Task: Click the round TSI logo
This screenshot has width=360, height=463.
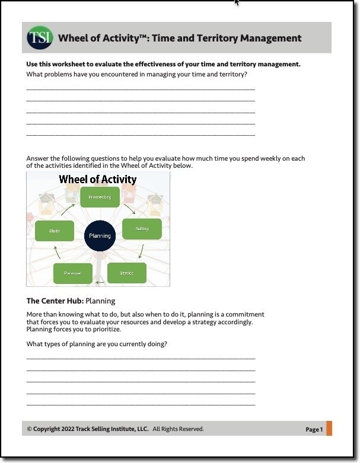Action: [x=40, y=38]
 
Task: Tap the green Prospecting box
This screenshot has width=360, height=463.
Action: [x=100, y=197]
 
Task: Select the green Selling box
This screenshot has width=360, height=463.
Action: [x=142, y=229]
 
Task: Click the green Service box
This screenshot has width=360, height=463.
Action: [x=126, y=273]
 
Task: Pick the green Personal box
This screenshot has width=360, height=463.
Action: [x=72, y=273]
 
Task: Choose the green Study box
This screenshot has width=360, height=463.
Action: [x=55, y=231]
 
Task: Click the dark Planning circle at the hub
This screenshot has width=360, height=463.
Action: [x=100, y=235]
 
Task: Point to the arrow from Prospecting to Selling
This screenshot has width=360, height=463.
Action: [x=129, y=209]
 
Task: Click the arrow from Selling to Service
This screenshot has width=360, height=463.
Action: [x=140, y=252]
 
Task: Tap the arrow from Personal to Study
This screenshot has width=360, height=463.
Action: [x=57, y=253]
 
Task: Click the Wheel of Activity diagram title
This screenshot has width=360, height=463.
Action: [x=98, y=179]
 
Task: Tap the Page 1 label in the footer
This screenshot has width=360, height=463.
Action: [x=314, y=429]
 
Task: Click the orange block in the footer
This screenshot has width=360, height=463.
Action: [x=329, y=428]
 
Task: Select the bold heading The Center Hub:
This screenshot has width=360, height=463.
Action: [x=55, y=301]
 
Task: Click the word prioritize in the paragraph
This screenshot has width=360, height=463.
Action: [x=104, y=330]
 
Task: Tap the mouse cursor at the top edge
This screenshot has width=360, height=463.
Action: [x=237, y=2]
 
